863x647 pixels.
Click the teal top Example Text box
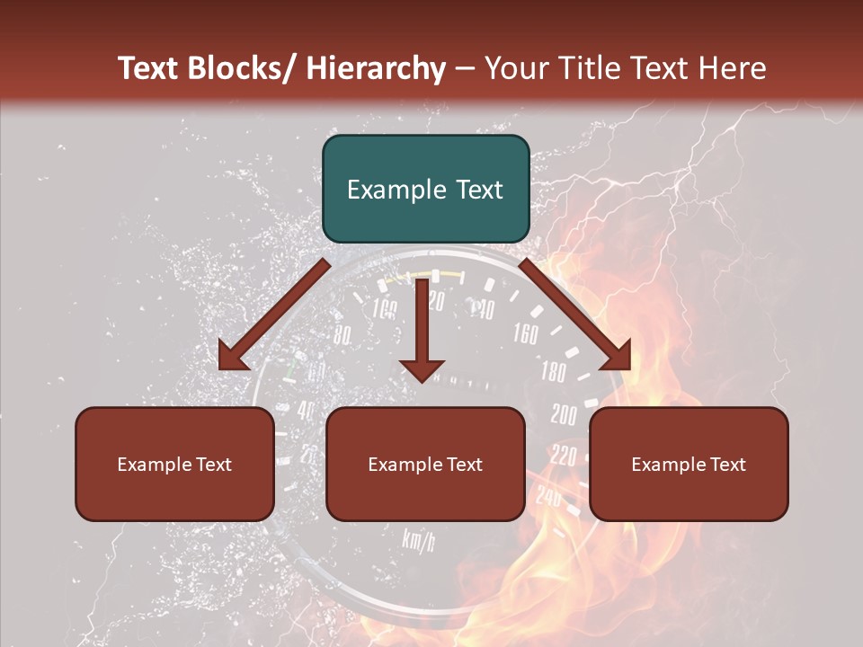(425, 189)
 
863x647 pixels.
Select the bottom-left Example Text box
(174, 464)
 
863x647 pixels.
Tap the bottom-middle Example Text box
(425, 464)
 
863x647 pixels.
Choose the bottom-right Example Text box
(689, 464)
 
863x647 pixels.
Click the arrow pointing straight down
(422, 332)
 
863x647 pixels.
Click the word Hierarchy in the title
(375, 68)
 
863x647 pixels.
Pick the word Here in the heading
(734, 68)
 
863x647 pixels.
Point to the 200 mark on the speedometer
(564, 414)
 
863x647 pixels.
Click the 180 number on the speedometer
(553, 371)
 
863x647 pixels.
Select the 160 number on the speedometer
(525, 334)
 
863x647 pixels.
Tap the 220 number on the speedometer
(563, 456)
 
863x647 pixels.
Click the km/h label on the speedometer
(418, 539)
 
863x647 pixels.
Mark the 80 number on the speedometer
(342, 336)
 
